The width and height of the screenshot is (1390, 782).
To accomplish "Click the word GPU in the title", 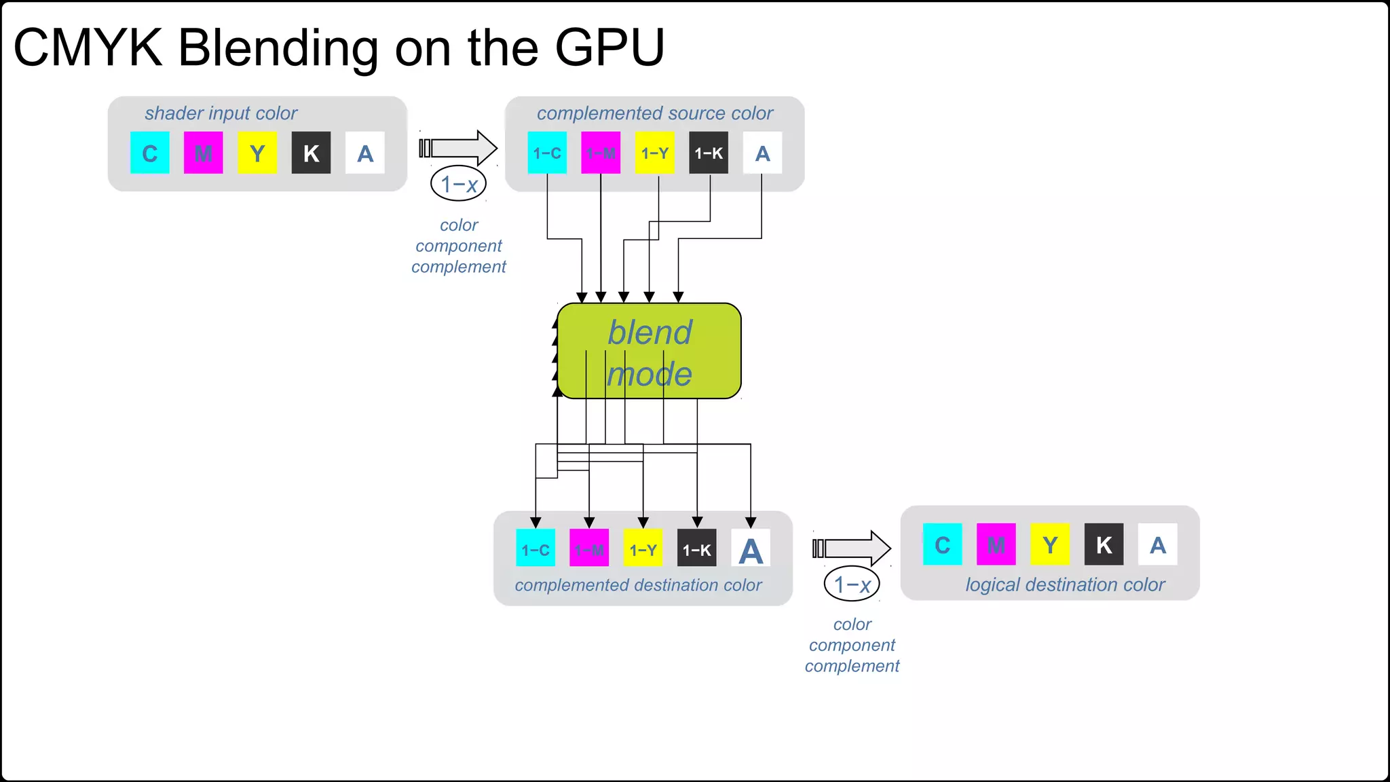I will [609, 48].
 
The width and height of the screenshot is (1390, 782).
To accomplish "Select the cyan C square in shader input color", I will [150, 153].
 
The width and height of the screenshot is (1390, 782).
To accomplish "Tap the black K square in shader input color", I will [311, 153].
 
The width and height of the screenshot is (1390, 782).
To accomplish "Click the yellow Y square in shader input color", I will [257, 153].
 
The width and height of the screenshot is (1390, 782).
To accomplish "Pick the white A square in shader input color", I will [365, 153].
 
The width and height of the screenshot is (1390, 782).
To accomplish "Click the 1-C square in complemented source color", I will [547, 153].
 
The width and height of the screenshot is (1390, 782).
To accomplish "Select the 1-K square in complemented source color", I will [709, 153].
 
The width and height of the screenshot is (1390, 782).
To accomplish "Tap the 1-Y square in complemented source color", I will [655, 153].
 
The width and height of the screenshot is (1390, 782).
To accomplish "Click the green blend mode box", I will [649, 351].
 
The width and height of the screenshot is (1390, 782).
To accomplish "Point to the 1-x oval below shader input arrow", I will [459, 183].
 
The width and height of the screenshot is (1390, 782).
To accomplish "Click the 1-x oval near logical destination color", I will [852, 584].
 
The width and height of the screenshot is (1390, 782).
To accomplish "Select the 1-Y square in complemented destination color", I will [643, 548].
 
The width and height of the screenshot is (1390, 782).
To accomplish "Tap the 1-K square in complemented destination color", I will [697, 548].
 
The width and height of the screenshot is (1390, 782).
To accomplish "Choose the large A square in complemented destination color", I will [751, 548].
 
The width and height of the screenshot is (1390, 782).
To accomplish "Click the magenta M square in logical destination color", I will [996, 544].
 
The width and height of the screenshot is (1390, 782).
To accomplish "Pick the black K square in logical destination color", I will [1104, 544].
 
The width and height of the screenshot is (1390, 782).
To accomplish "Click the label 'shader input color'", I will [221, 113].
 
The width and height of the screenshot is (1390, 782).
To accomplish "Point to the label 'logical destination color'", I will [1065, 584].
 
